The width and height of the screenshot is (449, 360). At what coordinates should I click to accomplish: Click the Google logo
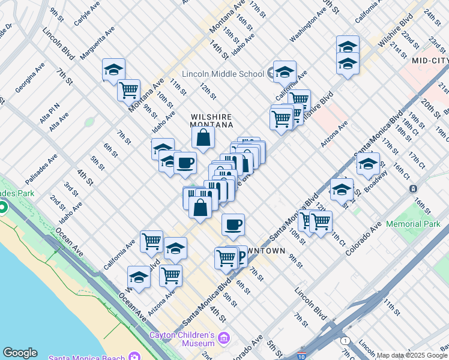click(20, 353)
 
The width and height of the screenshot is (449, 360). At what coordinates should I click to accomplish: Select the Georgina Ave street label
click(30, 77)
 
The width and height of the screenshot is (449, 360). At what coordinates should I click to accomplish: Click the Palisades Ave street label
click(41, 169)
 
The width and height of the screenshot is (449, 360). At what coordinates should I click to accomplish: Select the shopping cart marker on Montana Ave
click(128, 90)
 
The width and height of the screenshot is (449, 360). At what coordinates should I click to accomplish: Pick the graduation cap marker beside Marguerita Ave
click(113, 70)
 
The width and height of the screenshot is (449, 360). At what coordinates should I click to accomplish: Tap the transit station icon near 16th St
click(413, 188)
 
